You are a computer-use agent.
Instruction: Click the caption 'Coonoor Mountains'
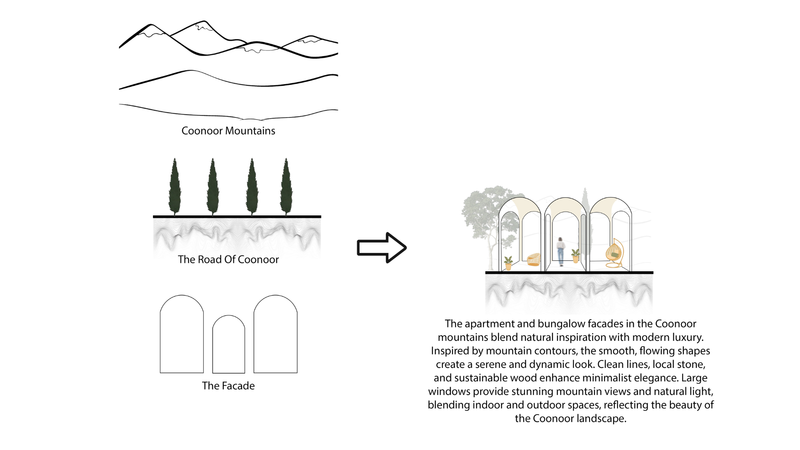pos(228,131)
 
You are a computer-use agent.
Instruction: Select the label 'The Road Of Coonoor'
pos(228,260)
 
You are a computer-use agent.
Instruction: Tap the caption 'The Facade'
pos(228,386)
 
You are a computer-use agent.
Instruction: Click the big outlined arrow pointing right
pos(381,247)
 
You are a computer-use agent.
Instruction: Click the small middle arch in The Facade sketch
pos(229,345)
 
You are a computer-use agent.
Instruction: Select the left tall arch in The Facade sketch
pos(182,335)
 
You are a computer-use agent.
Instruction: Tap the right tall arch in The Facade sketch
pos(275,335)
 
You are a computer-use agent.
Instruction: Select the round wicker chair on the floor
pos(534,259)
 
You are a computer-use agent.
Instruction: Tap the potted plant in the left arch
pos(508,263)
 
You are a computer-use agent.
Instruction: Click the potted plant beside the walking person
pos(575,255)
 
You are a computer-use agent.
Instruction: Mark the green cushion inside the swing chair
pos(615,255)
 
